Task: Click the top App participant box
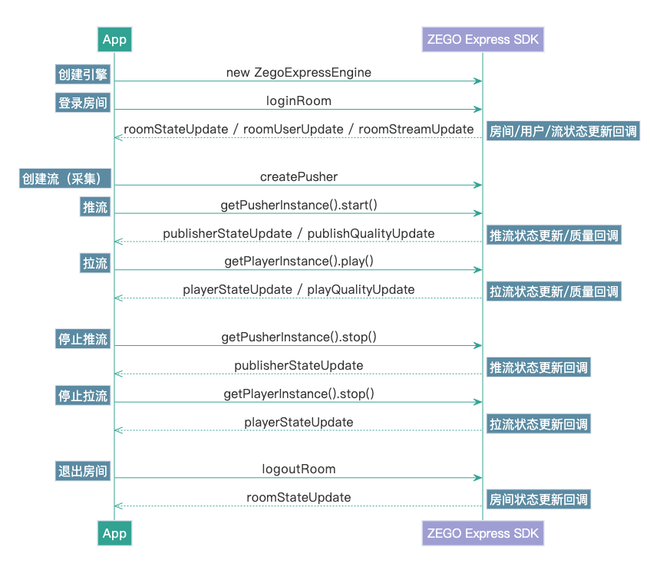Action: pyautogui.click(x=114, y=39)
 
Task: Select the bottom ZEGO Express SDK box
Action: pyautogui.click(x=483, y=533)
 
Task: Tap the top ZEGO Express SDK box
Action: pyautogui.click(x=483, y=39)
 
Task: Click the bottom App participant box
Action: pyautogui.click(x=114, y=533)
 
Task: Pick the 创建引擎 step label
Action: pyautogui.click(x=83, y=74)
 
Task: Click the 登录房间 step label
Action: pyautogui.click(x=83, y=103)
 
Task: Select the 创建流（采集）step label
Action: pyautogui.click(x=66, y=179)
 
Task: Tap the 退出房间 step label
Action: pyautogui.click(x=83, y=471)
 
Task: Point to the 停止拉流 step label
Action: pyautogui.click(x=83, y=396)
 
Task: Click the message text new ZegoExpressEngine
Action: pyautogui.click(x=299, y=72)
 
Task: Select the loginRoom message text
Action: pyautogui.click(x=299, y=100)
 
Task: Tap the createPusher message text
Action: pyautogui.click(x=299, y=176)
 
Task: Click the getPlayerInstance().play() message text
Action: pyautogui.click(x=299, y=262)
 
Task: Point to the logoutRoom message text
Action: pyautogui.click(x=299, y=469)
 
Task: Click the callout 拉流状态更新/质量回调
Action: pyautogui.click(x=553, y=291)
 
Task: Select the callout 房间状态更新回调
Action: pyautogui.click(x=539, y=499)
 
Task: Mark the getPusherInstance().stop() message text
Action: pyautogui.click(x=299, y=337)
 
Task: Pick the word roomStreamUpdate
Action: pyautogui.click(x=416, y=129)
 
